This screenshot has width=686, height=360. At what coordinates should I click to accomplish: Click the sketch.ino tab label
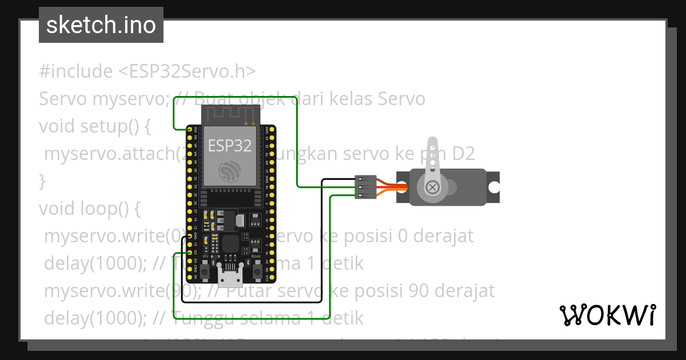coord(101,25)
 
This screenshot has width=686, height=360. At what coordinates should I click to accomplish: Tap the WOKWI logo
coord(607,315)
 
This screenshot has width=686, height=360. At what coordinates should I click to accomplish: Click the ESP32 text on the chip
coord(229,145)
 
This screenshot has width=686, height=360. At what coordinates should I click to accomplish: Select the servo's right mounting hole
coord(493,187)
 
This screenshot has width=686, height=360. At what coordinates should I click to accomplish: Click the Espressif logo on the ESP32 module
coord(230,170)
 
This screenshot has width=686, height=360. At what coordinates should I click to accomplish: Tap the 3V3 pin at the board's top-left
coord(190,130)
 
